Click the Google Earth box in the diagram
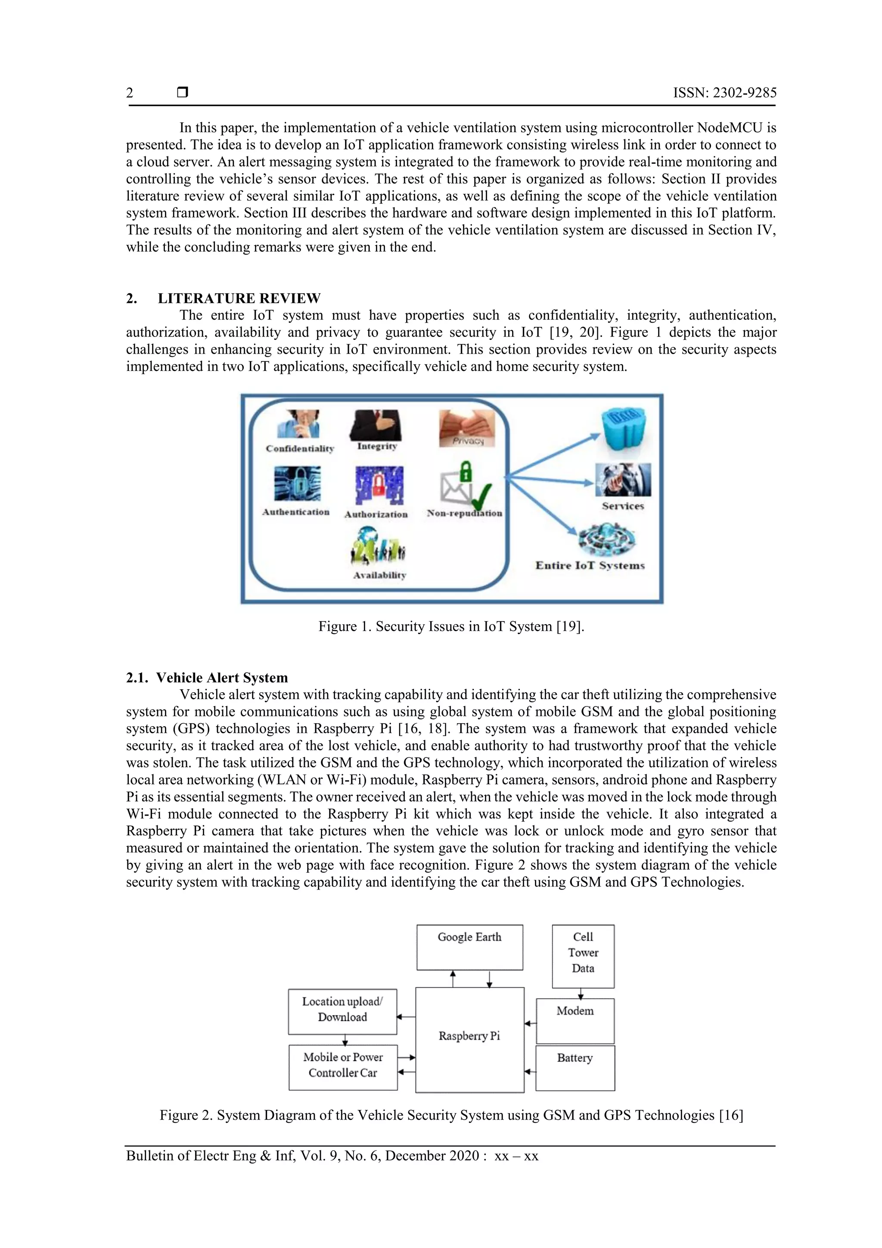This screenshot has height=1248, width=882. click(469, 947)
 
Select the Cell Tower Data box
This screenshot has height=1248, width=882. click(583, 955)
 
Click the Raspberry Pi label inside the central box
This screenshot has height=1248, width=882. click(469, 1036)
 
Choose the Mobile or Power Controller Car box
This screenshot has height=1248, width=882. click(343, 1067)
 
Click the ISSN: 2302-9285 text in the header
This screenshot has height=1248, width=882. click(725, 93)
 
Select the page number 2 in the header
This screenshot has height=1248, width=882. click(129, 93)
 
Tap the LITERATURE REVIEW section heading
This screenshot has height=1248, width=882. click(239, 299)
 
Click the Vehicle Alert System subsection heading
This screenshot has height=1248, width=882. click(222, 678)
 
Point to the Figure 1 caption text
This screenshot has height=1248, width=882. click(451, 627)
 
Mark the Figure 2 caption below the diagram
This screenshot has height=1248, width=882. click(451, 1115)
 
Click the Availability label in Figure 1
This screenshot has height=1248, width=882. click(380, 575)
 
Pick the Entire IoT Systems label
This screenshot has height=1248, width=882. click(590, 565)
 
